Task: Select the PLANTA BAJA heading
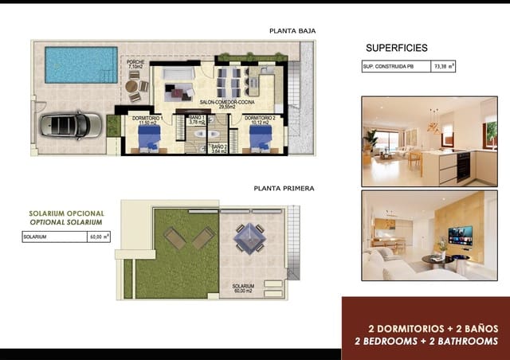[x=292, y=31]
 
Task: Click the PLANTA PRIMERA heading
[x=284, y=189]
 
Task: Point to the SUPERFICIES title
[x=396, y=48]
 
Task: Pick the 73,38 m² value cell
[x=443, y=67]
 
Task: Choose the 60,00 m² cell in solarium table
[x=100, y=237]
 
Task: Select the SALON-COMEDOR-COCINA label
[x=227, y=103]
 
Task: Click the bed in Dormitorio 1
[x=149, y=139]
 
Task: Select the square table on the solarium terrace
[x=249, y=237]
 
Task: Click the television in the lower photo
[x=460, y=235]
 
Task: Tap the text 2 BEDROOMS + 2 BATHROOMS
[x=426, y=341]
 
